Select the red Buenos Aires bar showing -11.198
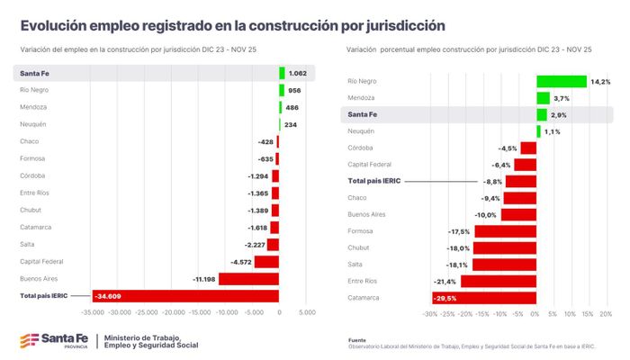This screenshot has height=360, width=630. point(248,278)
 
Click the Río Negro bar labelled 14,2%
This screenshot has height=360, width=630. point(561,81)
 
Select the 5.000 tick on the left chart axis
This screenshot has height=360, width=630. point(306,314)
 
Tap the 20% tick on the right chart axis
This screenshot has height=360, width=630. point(606,314)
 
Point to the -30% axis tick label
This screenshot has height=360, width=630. point(429,314)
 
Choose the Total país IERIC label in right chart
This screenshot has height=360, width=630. point(375,181)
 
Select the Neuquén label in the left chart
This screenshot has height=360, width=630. point(32,124)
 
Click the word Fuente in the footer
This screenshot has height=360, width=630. point(357,340)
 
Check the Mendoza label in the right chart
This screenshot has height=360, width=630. point(362,98)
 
